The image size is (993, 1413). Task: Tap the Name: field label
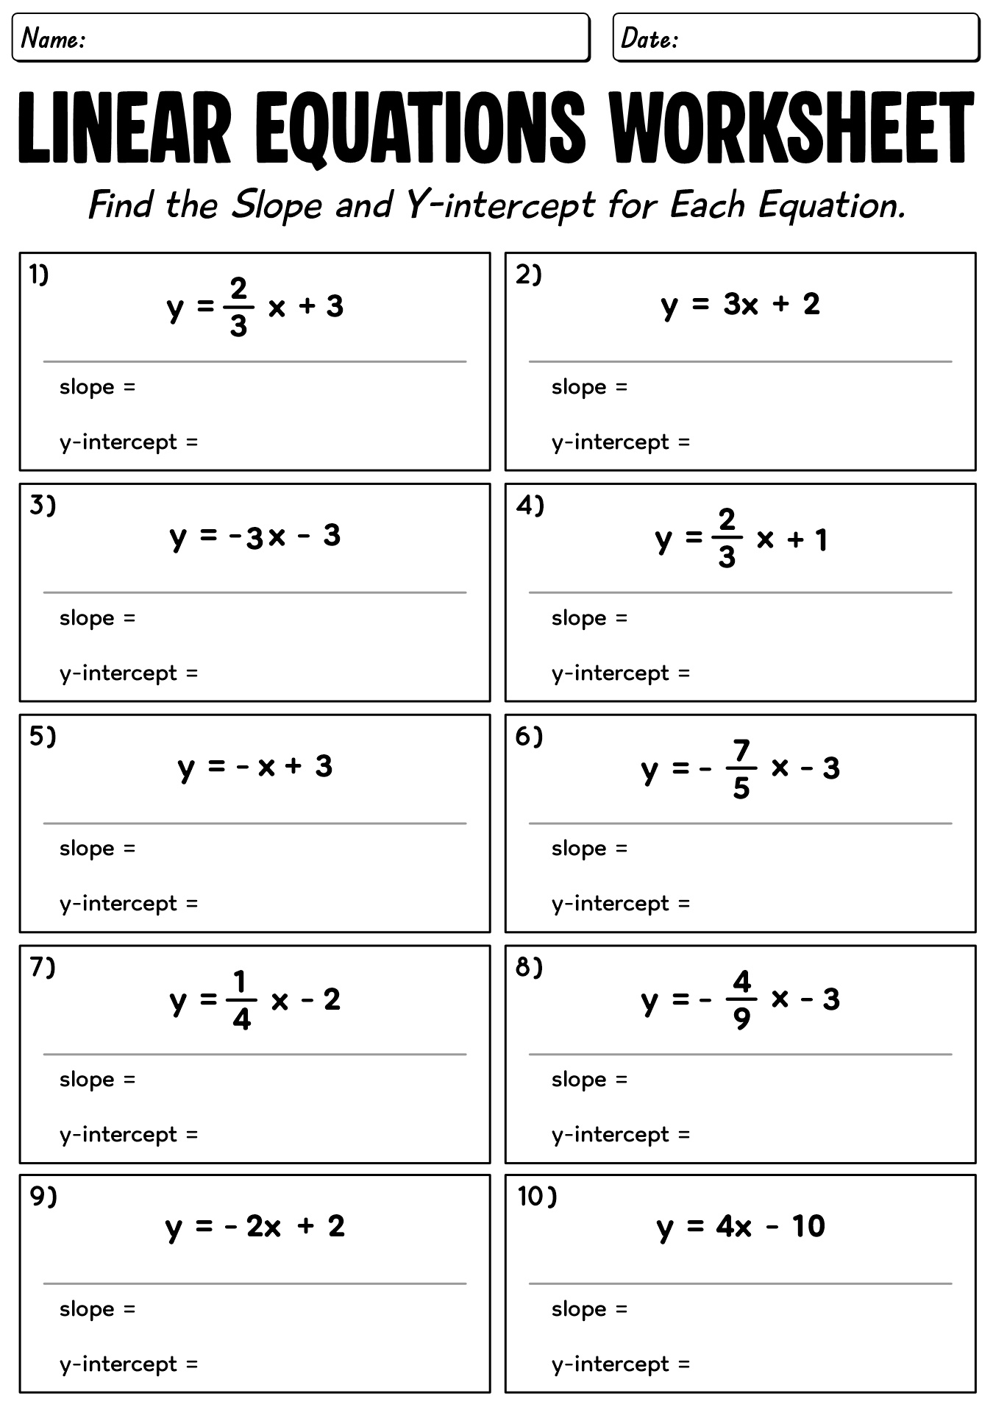point(53,38)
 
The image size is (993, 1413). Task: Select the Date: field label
point(649,38)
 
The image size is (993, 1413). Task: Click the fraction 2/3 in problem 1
point(238,307)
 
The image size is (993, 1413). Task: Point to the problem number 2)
point(528,275)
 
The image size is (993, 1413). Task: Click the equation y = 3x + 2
point(740,304)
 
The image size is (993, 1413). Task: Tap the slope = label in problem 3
point(97,617)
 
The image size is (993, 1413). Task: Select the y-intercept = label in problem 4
point(621,673)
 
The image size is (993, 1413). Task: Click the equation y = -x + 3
point(255,767)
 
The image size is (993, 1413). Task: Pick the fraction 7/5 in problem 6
point(741,769)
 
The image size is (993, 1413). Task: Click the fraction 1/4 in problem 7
point(241,1000)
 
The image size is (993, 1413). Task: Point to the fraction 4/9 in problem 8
point(741,1000)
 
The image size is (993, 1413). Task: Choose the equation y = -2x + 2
point(255,1227)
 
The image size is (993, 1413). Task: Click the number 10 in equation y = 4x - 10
point(808,1226)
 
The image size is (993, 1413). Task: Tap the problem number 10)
point(537,1197)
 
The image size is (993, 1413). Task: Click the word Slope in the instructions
point(277,205)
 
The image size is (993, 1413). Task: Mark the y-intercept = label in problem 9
point(129,1364)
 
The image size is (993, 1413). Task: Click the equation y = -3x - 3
point(255,536)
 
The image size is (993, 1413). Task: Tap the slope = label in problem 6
point(589,848)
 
